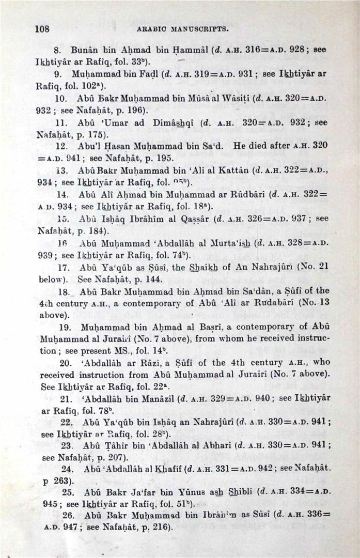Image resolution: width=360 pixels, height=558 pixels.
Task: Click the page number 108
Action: click(42, 29)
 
